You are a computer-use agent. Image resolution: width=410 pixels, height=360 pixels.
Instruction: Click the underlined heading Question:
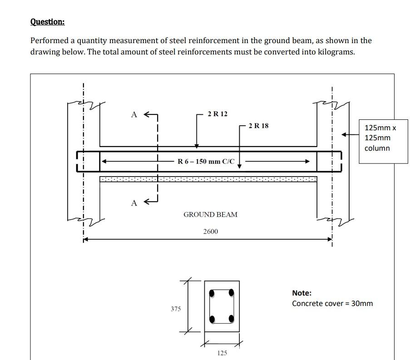pyautogui.click(x=47, y=22)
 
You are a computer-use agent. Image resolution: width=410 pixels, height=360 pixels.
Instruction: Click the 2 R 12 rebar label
pyautogui.click(x=217, y=114)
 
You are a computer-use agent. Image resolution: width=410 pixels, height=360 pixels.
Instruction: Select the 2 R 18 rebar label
pyautogui.click(x=258, y=126)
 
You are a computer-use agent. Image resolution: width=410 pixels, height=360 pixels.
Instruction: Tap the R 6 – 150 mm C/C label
pyautogui.click(x=206, y=161)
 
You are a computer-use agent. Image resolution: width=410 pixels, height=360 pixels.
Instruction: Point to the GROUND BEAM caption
pyautogui.click(x=210, y=214)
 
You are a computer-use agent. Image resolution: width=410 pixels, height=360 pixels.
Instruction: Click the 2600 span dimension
pyautogui.click(x=210, y=232)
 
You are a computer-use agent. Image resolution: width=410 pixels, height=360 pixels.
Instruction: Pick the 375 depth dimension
pyautogui.click(x=176, y=309)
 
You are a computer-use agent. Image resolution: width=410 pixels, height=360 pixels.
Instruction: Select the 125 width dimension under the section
pyautogui.click(x=222, y=353)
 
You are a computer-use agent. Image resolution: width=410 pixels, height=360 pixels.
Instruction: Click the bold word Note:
pyautogui.click(x=301, y=293)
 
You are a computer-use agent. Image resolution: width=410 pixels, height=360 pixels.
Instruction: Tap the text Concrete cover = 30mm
pyautogui.click(x=332, y=303)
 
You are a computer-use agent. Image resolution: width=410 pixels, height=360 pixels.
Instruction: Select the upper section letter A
pyautogui.click(x=134, y=115)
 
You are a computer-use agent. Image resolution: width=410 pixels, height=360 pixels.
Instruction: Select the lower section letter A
pyautogui.click(x=134, y=203)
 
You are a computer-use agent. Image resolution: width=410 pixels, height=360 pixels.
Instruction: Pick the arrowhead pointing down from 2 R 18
pyautogui.click(x=239, y=166)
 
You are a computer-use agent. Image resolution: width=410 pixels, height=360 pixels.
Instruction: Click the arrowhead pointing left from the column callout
pyautogui.click(x=345, y=134)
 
